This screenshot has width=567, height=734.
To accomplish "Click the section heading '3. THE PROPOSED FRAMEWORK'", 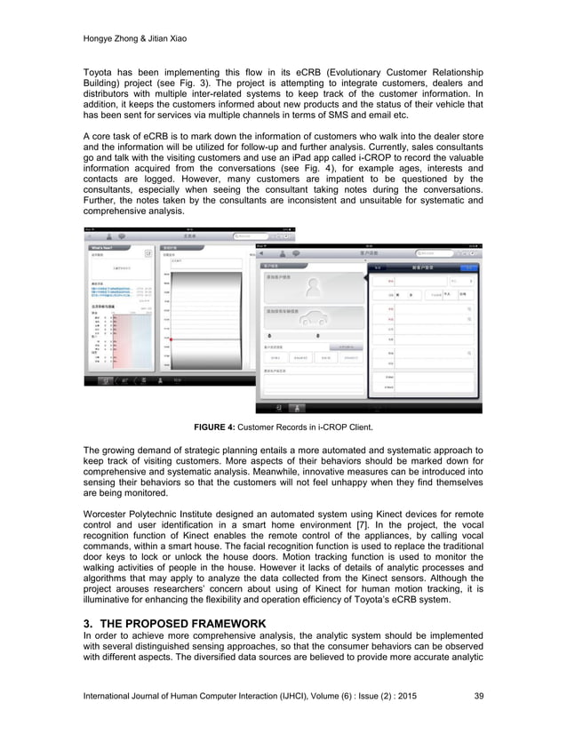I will (175, 625).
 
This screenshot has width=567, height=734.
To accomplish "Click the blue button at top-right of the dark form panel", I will (467, 267).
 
